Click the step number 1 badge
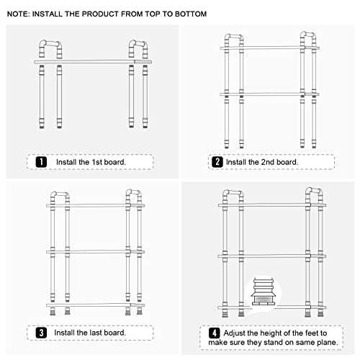pyautogui.click(x=41, y=162)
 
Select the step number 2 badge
pyautogui.click(x=217, y=162)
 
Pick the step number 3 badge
pyautogui.click(x=41, y=333)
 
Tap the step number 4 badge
pyautogui.click(x=215, y=333)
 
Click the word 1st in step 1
pyautogui.click(x=97, y=162)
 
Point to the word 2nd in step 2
pyautogui.click(x=267, y=162)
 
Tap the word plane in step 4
pyautogui.click(x=328, y=343)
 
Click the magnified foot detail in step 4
pyautogui.click(x=264, y=292)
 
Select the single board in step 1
pyautogui.click(x=93, y=62)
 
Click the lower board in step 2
pyautogui.click(x=269, y=94)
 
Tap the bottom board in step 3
pyautogui.click(x=96, y=305)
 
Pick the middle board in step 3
pyautogui.click(x=96, y=252)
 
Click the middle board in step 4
pyautogui.click(x=271, y=256)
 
